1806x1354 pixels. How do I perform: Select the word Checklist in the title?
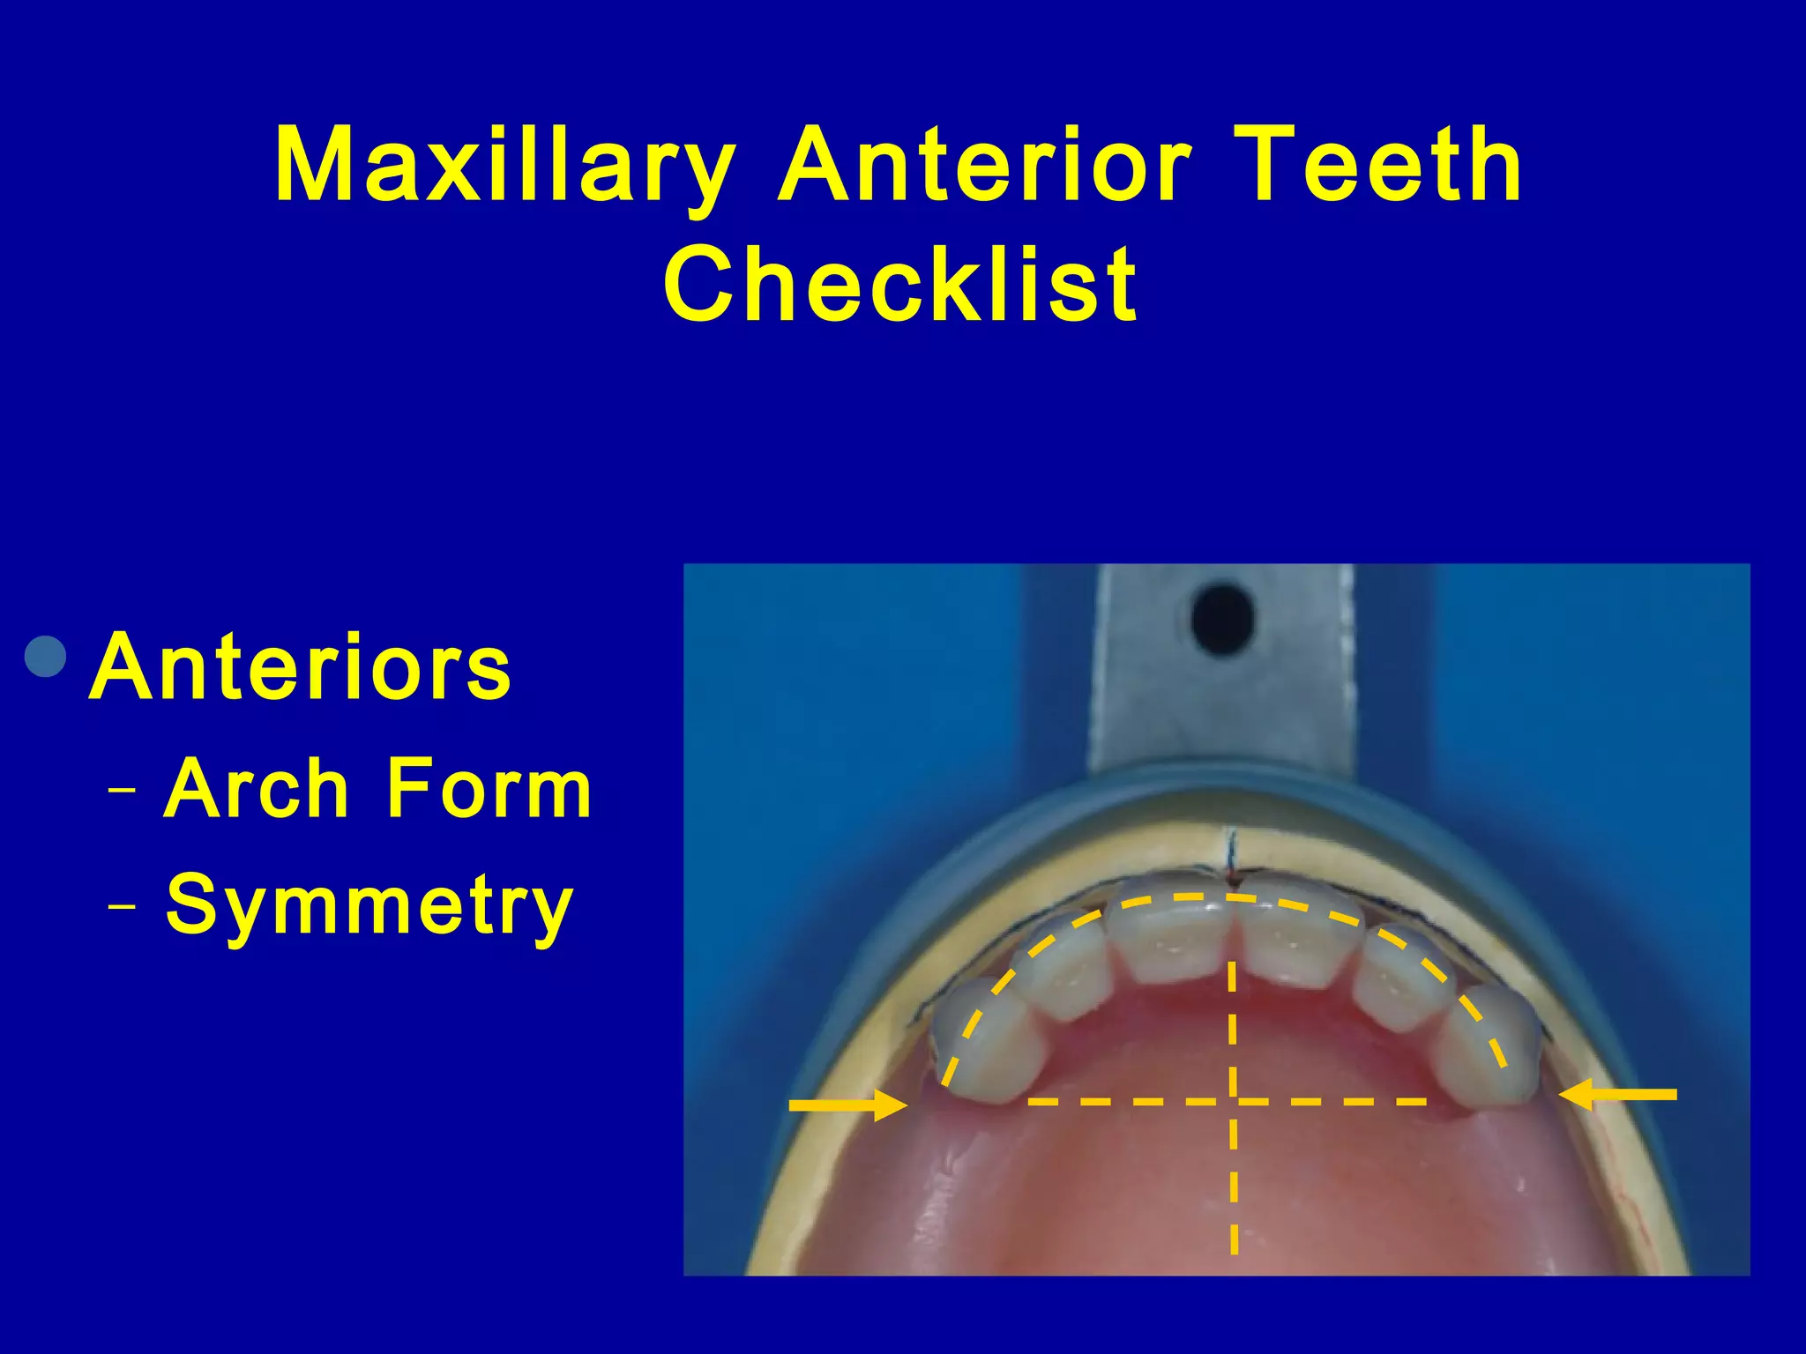click(x=900, y=285)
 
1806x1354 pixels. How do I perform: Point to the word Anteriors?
click(x=300, y=667)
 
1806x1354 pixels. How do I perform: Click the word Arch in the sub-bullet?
click(x=257, y=789)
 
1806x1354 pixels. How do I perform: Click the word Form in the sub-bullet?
click(x=489, y=789)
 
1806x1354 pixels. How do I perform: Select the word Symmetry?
click(x=369, y=905)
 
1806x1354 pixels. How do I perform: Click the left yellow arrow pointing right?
click(x=847, y=1104)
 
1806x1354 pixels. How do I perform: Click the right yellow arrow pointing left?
click(x=1618, y=1095)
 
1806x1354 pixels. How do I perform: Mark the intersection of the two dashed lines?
click(x=1233, y=1101)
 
